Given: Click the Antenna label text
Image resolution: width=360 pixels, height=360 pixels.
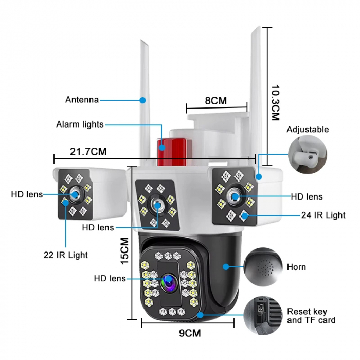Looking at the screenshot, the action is (x=82, y=100).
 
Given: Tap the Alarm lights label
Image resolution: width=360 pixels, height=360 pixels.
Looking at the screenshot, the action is (x=80, y=124).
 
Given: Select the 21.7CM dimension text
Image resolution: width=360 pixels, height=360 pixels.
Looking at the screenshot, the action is (x=88, y=152).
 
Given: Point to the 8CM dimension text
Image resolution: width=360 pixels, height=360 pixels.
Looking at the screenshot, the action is (x=216, y=101).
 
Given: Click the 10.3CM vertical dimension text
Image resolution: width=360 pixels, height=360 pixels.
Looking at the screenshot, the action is (x=275, y=103).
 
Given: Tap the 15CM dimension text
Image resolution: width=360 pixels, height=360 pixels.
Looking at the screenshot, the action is (x=124, y=251).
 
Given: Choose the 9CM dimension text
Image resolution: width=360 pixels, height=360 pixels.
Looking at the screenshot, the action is (x=190, y=333).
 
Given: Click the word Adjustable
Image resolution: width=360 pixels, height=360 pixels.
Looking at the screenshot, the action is (x=308, y=130).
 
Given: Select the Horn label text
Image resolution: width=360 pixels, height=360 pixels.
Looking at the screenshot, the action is (x=296, y=267).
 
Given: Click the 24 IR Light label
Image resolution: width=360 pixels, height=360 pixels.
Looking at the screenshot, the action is (x=323, y=215).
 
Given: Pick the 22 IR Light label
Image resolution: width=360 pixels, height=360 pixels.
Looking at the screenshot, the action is (x=66, y=255).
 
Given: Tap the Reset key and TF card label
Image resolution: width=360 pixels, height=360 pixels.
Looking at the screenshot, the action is (x=311, y=316).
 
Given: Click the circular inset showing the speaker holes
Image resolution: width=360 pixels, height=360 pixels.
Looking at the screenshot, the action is (x=263, y=267).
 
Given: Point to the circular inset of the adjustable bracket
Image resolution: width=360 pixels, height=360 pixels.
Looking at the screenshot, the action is (x=308, y=154).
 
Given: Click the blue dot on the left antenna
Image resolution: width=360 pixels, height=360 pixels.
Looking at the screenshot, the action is (x=143, y=100).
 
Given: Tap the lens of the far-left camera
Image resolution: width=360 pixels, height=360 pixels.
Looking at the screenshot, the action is (x=75, y=195).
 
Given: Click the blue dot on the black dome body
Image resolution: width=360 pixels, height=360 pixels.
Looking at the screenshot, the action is (x=226, y=267).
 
